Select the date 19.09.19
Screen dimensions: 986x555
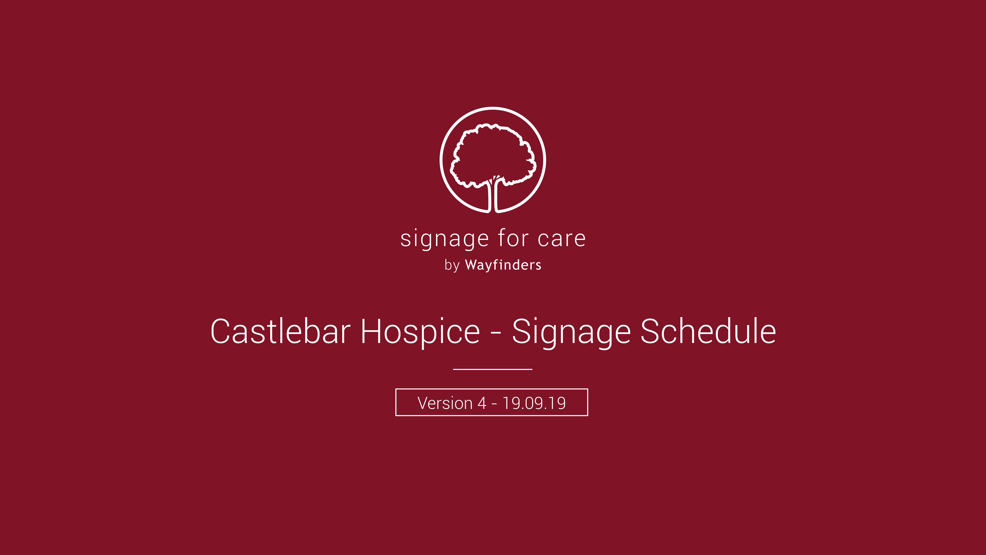(x=534, y=403)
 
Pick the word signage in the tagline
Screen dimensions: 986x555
(x=444, y=239)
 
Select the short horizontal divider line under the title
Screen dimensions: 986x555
(x=493, y=369)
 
